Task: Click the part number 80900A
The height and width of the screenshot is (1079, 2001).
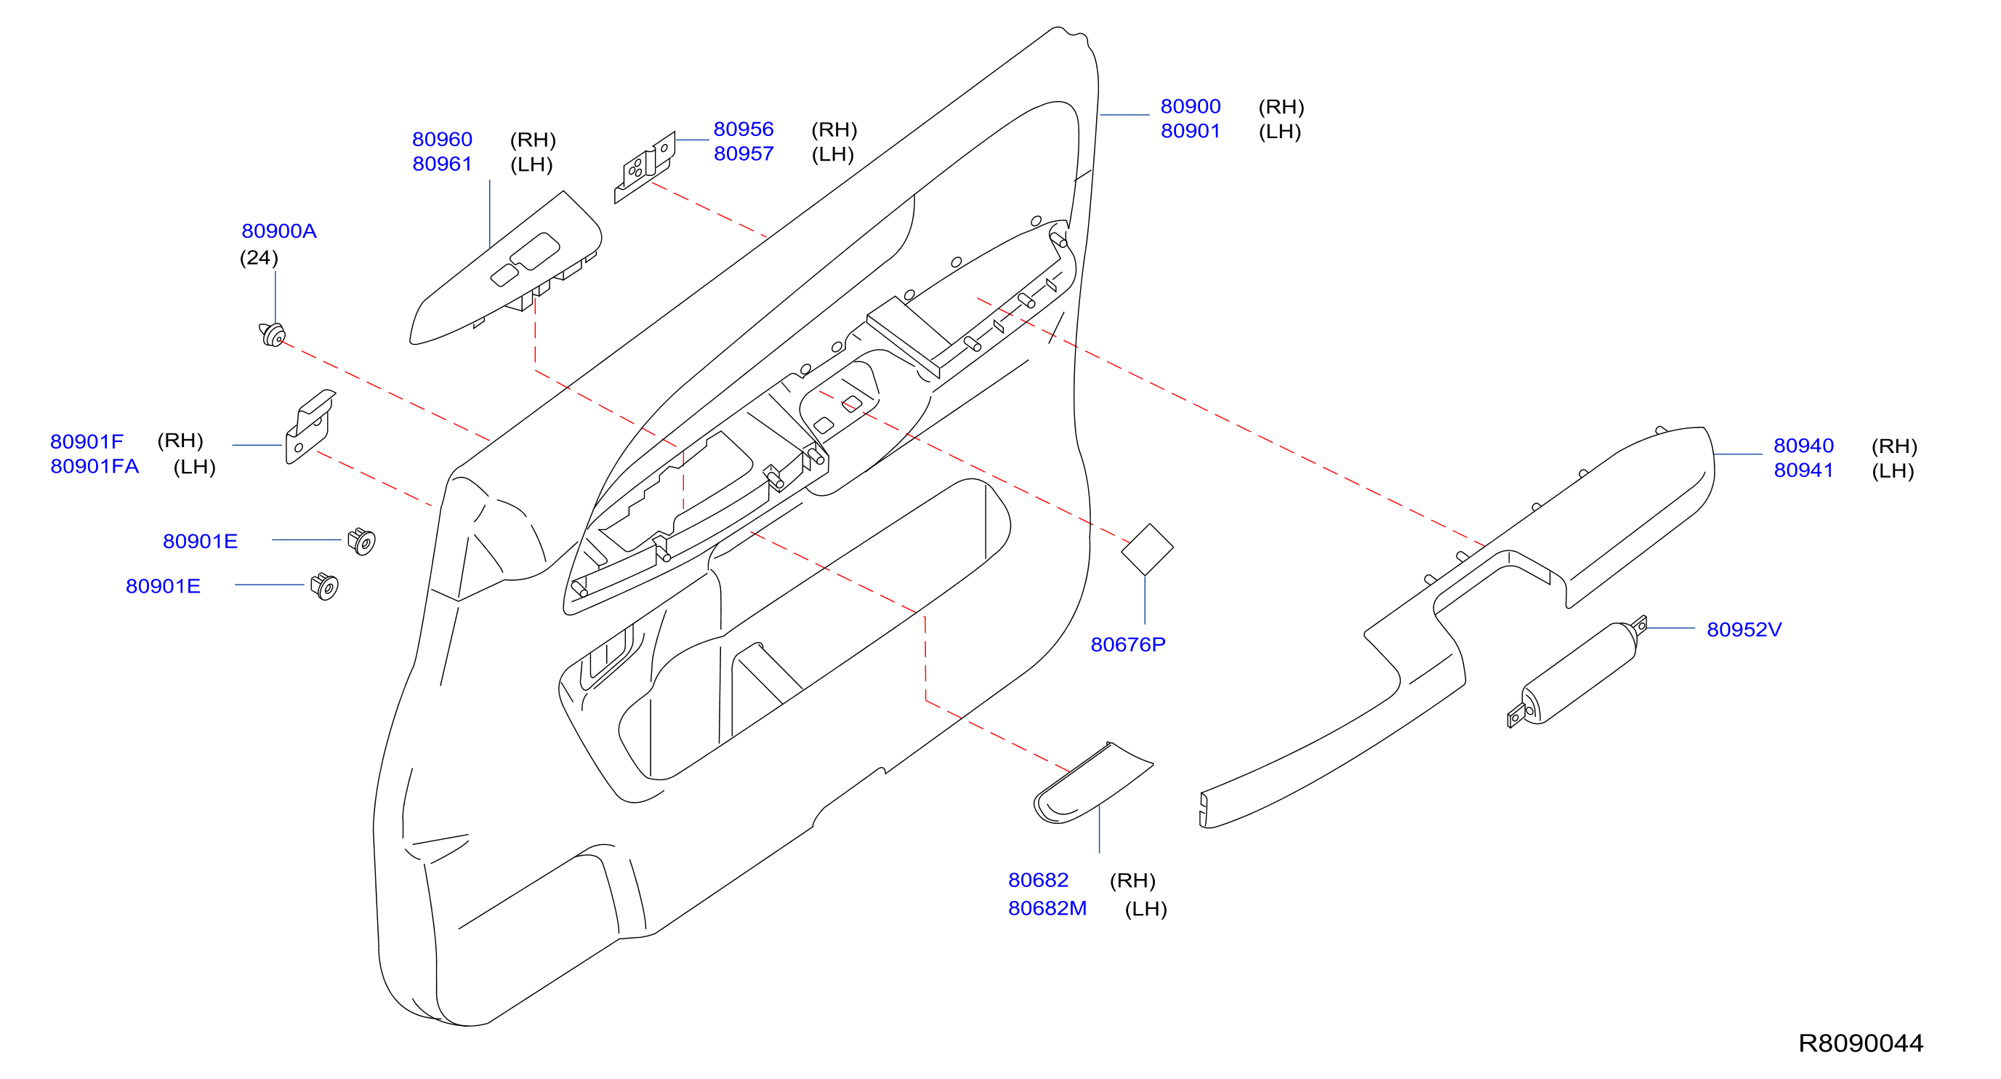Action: pyautogui.click(x=279, y=230)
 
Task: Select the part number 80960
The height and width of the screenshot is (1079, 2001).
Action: pyautogui.click(x=442, y=139)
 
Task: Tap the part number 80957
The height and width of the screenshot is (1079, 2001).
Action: pyautogui.click(x=744, y=154)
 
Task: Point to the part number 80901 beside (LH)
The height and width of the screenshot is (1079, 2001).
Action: pyautogui.click(x=1190, y=132)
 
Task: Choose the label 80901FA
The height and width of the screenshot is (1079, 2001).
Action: pyautogui.click(x=94, y=466)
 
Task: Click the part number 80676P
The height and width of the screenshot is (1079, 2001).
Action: pyautogui.click(x=1128, y=645)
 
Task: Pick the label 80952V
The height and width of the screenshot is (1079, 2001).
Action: pyautogui.click(x=1744, y=630)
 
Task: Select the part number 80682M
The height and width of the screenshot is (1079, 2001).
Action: pyautogui.click(x=1047, y=908)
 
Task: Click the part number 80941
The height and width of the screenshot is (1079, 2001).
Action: pyautogui.click(x=1803, y=470)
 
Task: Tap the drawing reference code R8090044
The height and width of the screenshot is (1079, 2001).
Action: pyautogui.click(x=1861, y=1043)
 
